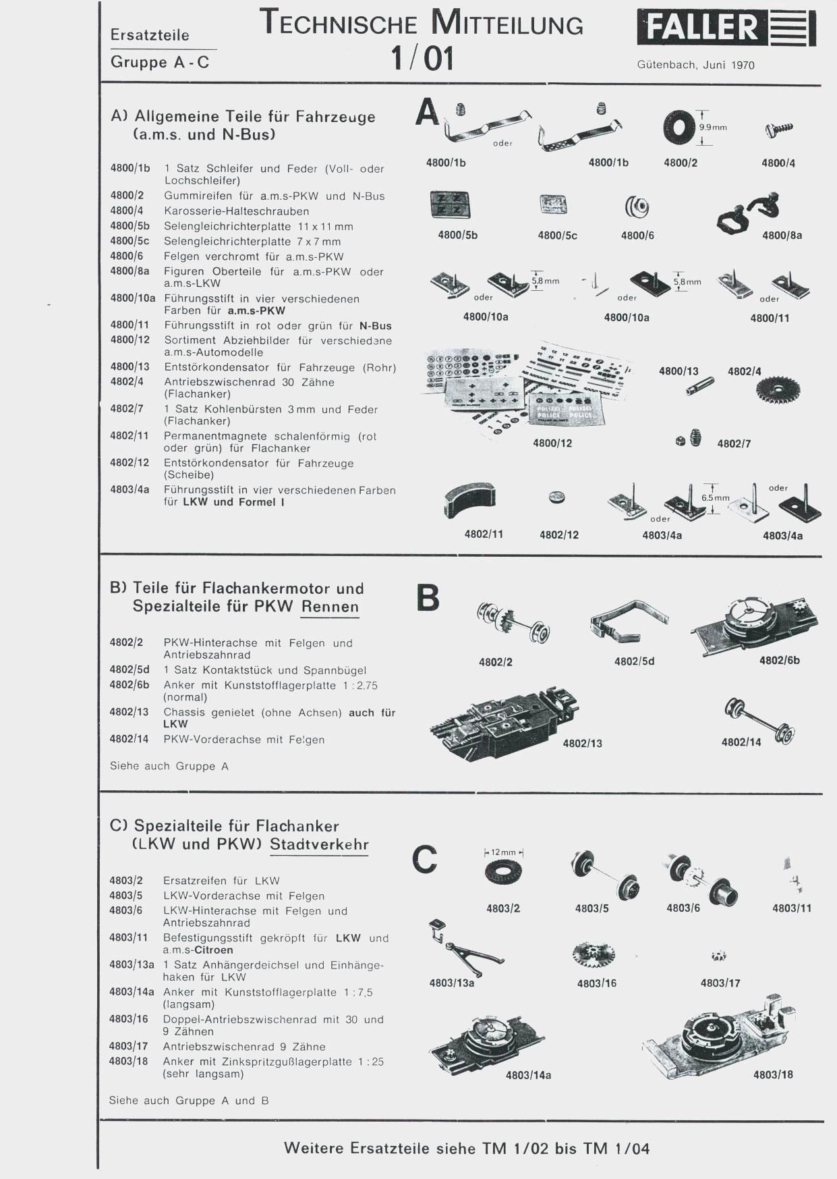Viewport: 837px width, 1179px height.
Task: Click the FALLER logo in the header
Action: point(726,28)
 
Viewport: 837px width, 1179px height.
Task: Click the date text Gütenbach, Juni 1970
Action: point(695,65)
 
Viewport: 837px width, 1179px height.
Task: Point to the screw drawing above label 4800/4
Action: point(779,128)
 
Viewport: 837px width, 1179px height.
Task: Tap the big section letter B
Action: point(428,597)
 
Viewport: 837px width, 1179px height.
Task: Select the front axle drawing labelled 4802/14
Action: point(760,720)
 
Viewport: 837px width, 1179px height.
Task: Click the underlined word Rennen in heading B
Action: point(330,606)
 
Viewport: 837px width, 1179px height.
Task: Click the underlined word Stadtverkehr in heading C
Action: point(319,844)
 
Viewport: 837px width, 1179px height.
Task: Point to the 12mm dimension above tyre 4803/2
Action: point(503,852)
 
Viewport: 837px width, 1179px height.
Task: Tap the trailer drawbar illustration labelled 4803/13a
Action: point(465,948)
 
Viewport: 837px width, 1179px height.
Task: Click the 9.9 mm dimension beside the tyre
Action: point(712,127)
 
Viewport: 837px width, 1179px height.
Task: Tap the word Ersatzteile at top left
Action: point(150,35)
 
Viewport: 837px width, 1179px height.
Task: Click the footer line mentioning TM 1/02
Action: point(467,1148)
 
